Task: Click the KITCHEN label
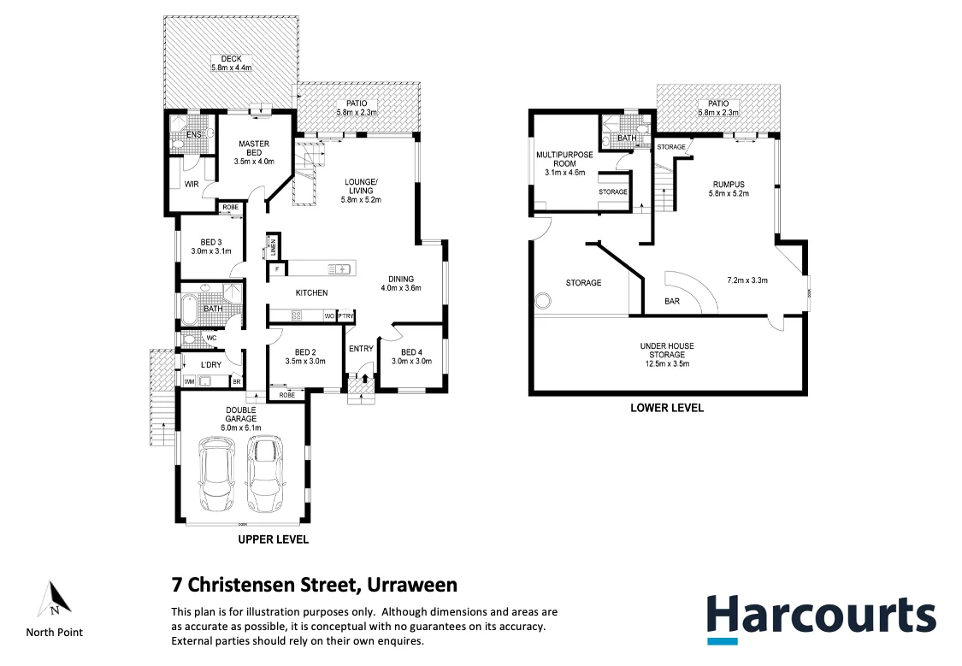(311, 293)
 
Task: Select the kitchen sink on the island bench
(340, 269)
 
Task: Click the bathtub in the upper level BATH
(190, 309)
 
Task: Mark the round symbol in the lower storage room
(541, 301)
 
